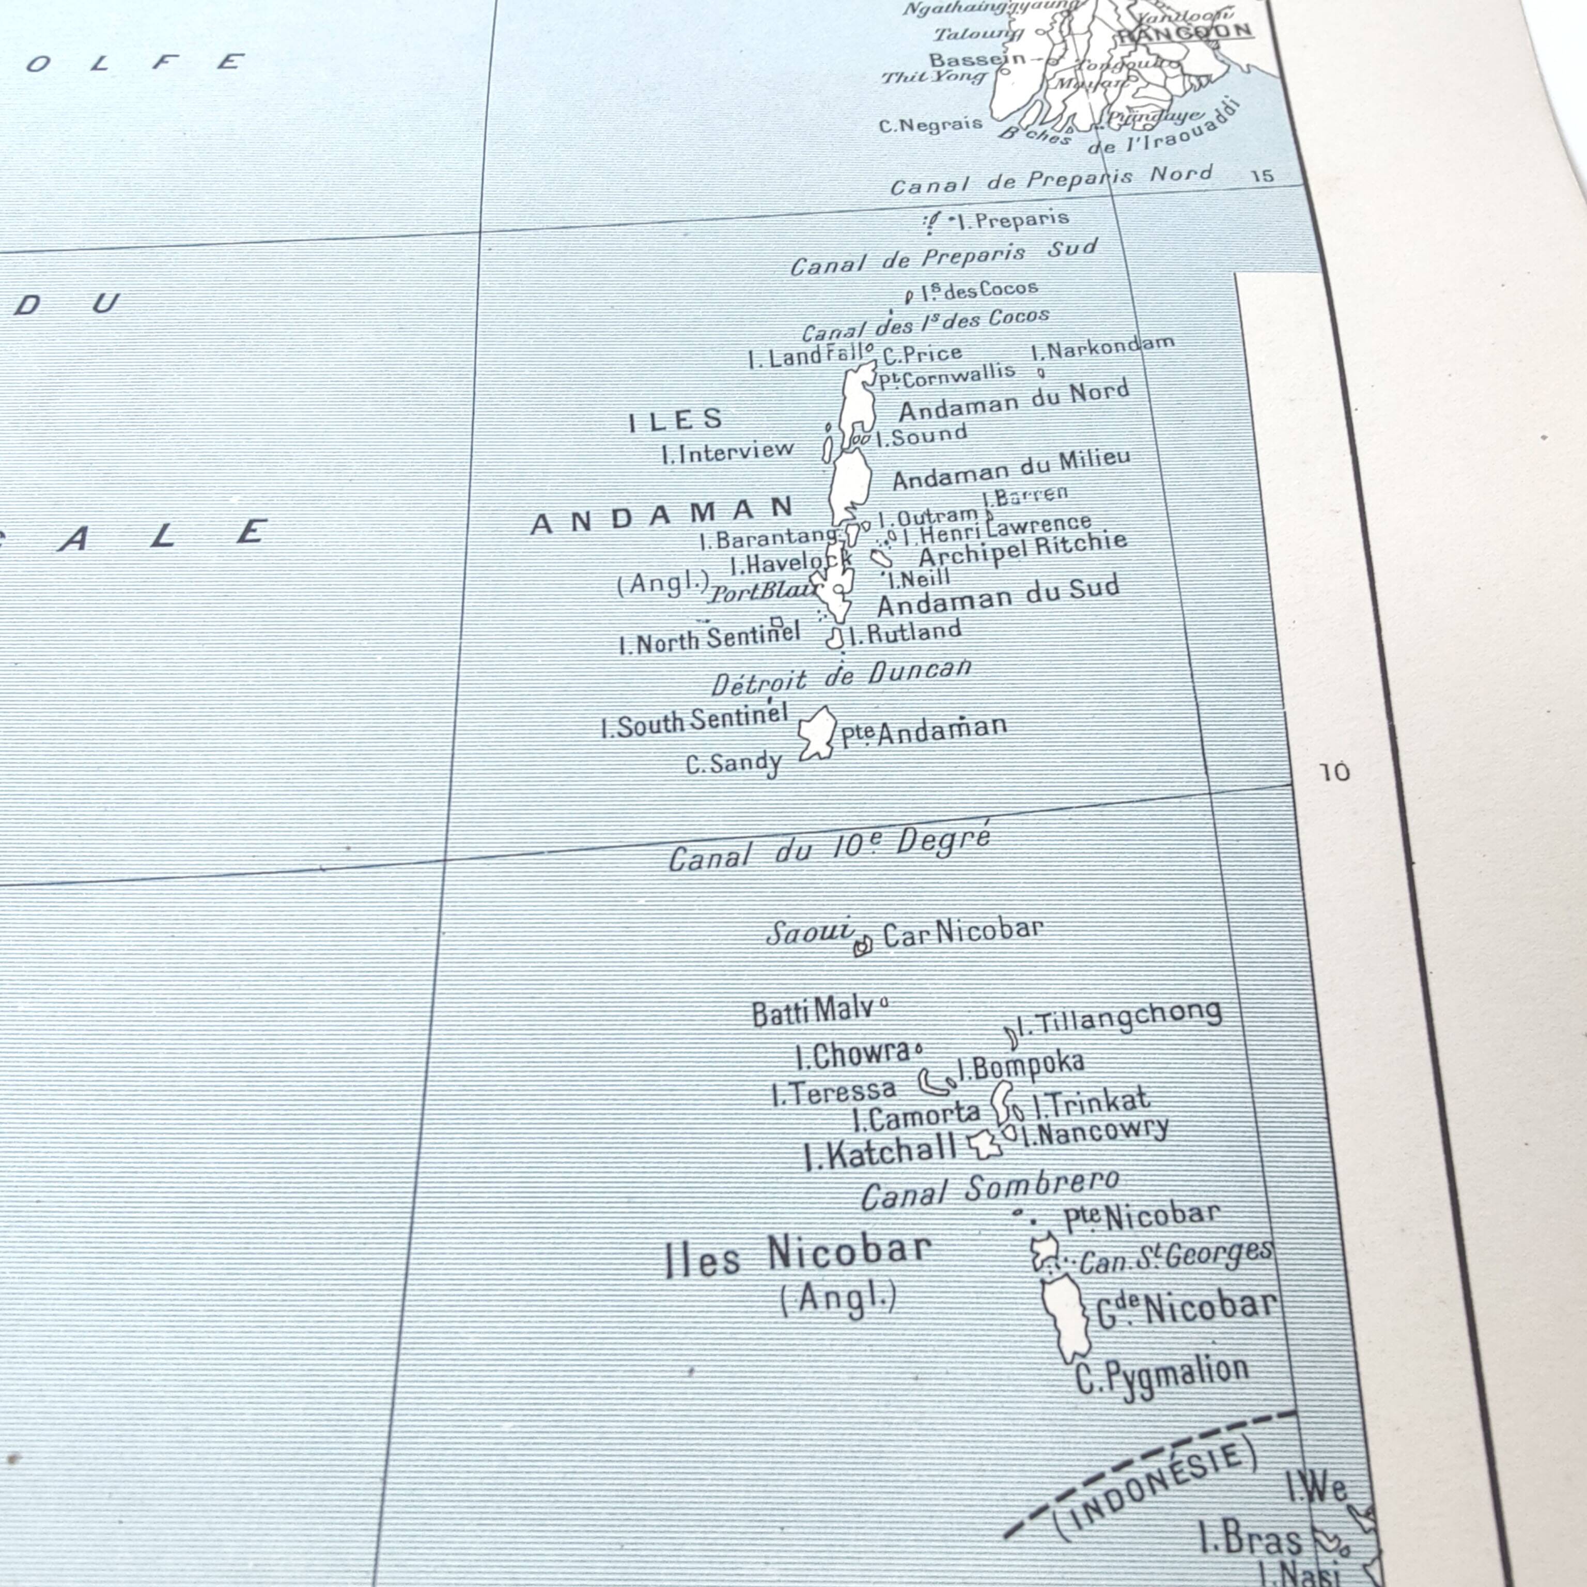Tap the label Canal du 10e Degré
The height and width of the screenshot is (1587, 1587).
coord(830,849)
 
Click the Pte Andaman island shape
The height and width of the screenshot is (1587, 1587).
coord(817,732)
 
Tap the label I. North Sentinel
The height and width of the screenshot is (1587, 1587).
coord(709,638)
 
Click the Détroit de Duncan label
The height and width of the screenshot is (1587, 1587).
coord(841,676)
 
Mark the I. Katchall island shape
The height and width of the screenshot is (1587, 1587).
coord(985,1143)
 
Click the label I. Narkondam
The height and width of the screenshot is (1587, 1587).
coord(1102,348)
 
